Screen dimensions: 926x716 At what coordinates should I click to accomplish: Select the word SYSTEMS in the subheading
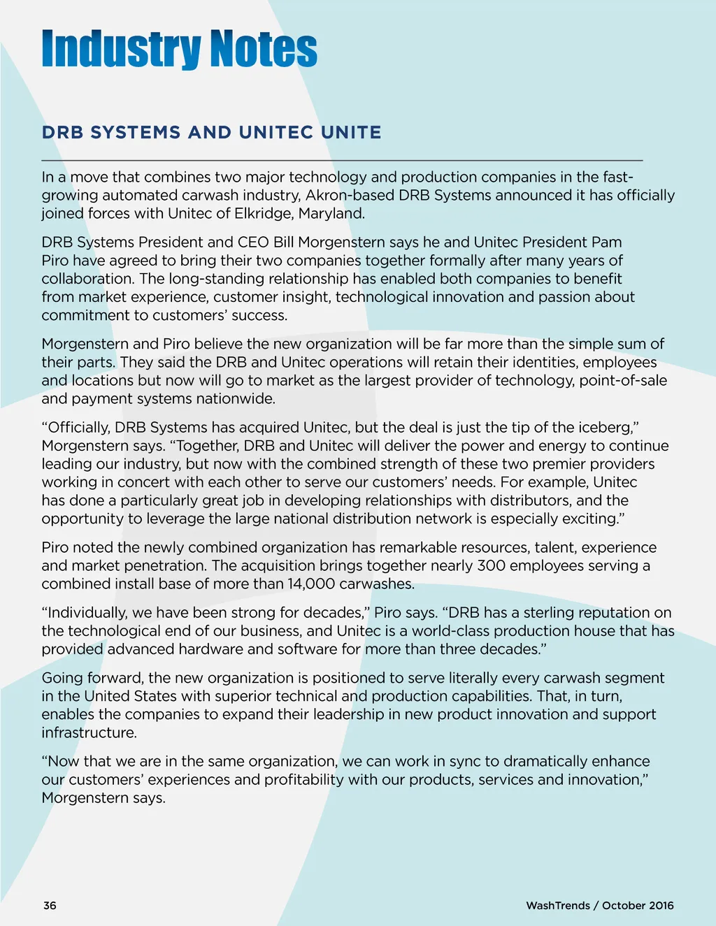click(x=136, y=132)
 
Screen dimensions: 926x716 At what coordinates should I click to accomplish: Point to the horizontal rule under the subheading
click(x=342, y=160)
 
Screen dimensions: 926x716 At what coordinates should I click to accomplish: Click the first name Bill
click(x=283, y=242)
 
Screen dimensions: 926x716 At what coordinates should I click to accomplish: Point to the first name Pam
click(x=607, y=242)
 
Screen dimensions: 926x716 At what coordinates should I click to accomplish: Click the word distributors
click(x=529, y=500)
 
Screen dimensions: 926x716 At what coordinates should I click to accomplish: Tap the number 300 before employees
click(x=491, y=565)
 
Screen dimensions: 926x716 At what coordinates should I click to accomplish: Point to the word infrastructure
click(x=89, y=732)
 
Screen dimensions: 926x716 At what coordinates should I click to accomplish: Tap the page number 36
click(x=50, y=905)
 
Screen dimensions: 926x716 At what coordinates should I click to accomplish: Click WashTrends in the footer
click(x=557, y=905)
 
